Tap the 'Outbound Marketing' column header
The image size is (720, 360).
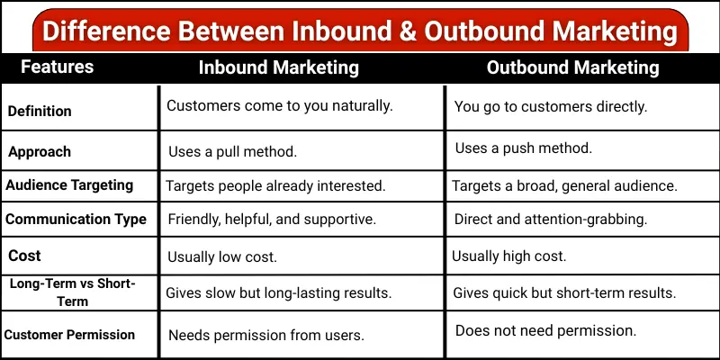coord(573,67)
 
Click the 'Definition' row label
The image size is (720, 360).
coord(40,112)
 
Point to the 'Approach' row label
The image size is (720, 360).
coord(40,151)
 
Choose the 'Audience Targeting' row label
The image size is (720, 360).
coord(69,185)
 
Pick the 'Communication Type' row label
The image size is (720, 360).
coord(76,220)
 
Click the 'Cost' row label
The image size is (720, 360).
coord(25,256)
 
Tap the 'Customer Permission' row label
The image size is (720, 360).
coord(69,335)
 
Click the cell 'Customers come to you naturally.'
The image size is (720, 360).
coord(280,105)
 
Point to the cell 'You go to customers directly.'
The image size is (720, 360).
coord(551,106)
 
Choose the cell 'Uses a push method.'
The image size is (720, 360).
coord(524,148)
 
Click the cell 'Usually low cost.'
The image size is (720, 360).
coord(222,256)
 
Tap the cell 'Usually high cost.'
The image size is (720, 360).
coord(509,256)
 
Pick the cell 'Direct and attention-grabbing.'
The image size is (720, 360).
coord(551,220)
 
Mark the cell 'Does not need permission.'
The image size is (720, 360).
coord(545,331)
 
